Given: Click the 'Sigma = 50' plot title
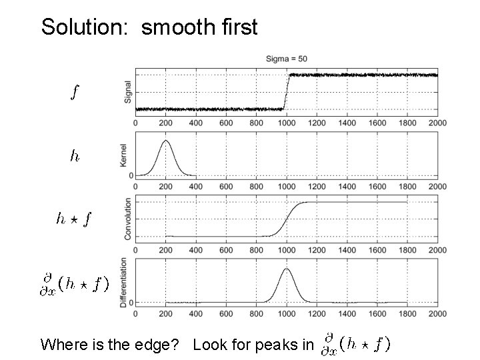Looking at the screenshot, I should click(x=286, y=59).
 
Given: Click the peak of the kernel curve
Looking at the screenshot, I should click(x=165, y=141).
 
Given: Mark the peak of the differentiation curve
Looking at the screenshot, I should click(x=286, y=269).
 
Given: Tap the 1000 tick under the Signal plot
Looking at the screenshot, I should click(x=286, y=123).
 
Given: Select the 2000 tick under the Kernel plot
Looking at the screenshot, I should click(x=437, y=187).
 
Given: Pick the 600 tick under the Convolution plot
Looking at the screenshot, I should click(x=226, y=250).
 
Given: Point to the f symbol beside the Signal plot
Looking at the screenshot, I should click(x=76, y=92).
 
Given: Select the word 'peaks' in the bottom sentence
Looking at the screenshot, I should click(x=275, y=345).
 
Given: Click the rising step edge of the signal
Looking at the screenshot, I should click(x=286, y=92).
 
